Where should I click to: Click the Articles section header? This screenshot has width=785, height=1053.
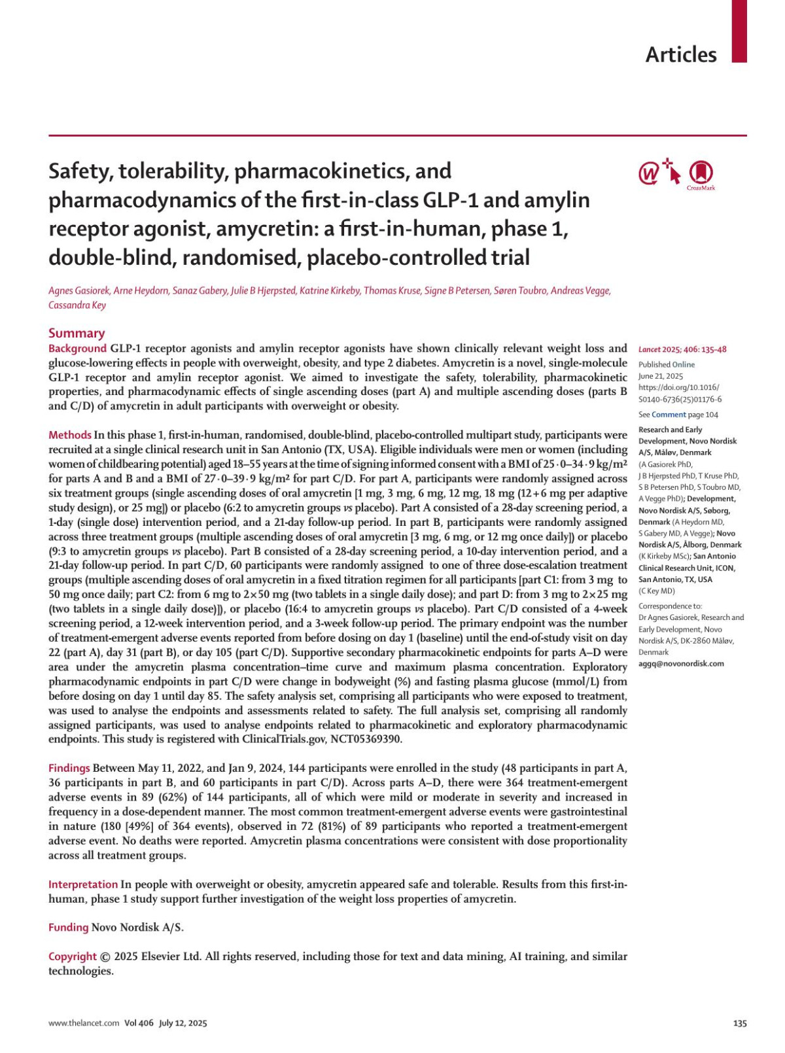[680, 54]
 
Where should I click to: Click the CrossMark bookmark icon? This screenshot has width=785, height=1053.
[701, 173]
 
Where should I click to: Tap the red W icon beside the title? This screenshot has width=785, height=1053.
[649, 174]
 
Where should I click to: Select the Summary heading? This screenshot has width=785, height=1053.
[77, 333]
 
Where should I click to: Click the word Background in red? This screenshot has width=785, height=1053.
[77, 348]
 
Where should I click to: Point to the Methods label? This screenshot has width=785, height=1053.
[70, 435]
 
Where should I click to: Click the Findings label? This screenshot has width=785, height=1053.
[69, 768]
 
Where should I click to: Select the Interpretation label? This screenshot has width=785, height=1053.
[83, 884]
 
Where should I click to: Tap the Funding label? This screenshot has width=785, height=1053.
[68, 927]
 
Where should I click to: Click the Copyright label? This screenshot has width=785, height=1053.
[73, 956]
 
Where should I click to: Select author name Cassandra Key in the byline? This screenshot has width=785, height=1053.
[77, 305]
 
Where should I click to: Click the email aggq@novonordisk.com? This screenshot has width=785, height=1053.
[681, 663]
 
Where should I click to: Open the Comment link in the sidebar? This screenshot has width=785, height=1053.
[669, 415]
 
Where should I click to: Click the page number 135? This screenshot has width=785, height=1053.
[739, 1023]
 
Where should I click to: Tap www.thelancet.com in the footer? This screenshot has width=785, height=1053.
[84, 1023]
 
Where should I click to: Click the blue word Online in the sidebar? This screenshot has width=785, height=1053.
[684, 364]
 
